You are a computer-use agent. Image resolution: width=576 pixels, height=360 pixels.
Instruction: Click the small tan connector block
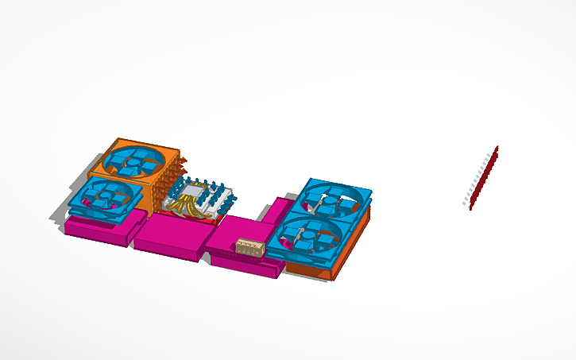[249, 246]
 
